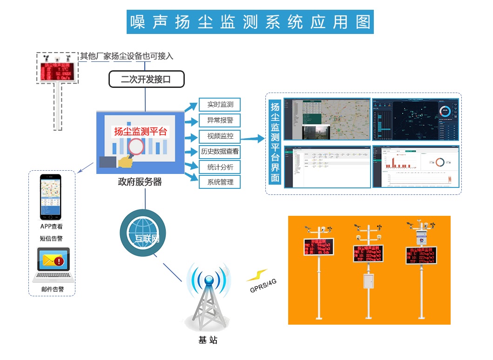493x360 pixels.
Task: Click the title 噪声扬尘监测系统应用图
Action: coord(250,22)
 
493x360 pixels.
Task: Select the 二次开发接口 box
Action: coord(147,79)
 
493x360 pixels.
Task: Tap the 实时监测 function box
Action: coord(220,105)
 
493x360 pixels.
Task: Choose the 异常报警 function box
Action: coord(220,120)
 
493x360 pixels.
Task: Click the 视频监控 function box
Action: coord(220,136)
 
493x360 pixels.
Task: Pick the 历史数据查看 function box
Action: coord(220,151)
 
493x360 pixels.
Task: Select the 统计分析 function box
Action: coord(220,167)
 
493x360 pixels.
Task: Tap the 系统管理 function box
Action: coord(220,182)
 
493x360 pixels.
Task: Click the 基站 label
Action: coord(208,340)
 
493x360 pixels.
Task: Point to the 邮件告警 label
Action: coord(52,289)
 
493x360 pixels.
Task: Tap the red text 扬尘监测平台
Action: coord(140,132)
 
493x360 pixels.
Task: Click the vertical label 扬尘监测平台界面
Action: coord(275,143)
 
